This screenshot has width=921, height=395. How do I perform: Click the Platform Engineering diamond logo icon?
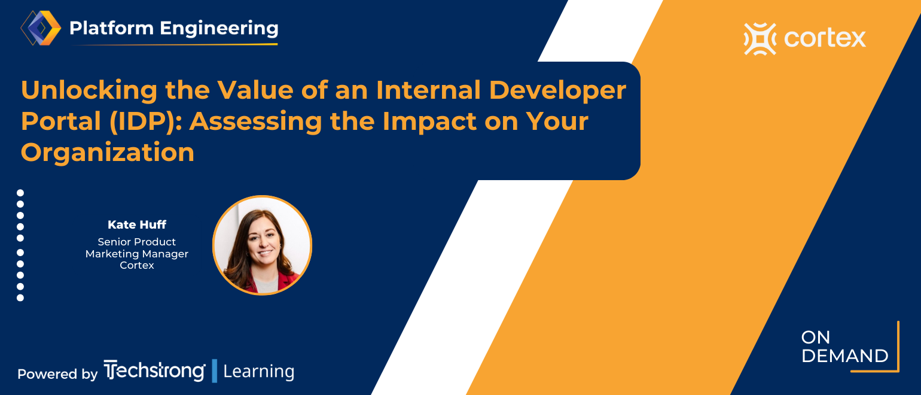[x=41, y=28]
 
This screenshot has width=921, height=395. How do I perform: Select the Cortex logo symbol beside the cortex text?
[x=760, y=39]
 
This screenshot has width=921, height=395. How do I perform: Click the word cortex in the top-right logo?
[x=825, y=39]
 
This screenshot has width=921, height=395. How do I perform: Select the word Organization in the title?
[x=108, y=153]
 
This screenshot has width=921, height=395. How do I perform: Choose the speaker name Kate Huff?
[x=137, y=224]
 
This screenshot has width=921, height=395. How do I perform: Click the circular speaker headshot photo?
[x=262, y=245]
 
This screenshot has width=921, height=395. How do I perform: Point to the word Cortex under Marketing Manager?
[x=137, y=265]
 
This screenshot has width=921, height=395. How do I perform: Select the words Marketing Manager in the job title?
[x=137, y=254]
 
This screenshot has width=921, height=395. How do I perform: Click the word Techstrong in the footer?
[x=154, y=371]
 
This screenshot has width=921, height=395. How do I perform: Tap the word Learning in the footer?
[x=258, y=372]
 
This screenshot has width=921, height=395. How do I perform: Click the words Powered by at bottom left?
[x=57, y=374]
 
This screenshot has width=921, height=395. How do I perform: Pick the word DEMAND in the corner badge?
[x=844, y=356]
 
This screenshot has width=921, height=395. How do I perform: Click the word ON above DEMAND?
[x=816, y=338]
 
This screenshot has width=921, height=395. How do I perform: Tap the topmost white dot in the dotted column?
[x=20, y=193]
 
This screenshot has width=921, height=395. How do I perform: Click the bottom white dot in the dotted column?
[x=20, y=297]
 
